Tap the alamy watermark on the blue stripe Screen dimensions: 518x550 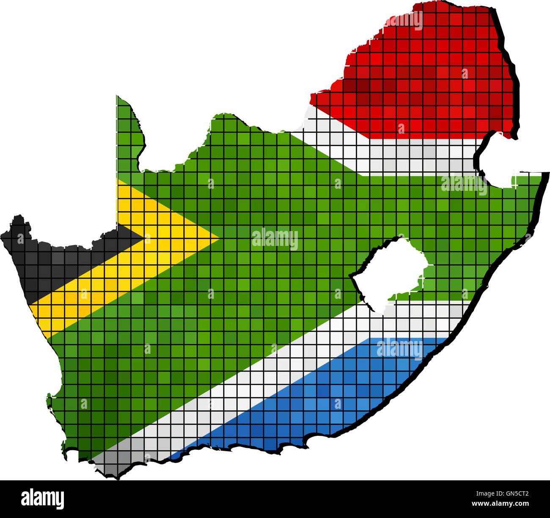coord(399,349)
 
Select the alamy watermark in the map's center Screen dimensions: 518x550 coord(275,239)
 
